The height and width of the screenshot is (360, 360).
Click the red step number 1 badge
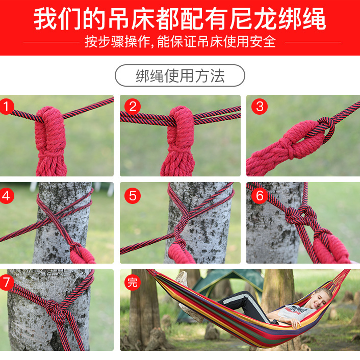7,106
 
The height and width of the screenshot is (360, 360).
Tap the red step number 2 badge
133,106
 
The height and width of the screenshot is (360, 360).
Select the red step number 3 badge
260,106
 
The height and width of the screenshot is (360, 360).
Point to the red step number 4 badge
7,196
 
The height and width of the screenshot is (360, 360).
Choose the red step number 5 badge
133,196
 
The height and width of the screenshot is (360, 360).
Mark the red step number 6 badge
260,196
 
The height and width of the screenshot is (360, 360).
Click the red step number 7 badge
7,282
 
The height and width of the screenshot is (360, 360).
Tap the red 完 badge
133,282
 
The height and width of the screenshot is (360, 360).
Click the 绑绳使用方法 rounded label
180,75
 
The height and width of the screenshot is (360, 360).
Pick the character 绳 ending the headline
314,19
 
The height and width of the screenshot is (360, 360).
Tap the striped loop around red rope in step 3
324,130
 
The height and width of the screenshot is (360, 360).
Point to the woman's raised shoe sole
182,279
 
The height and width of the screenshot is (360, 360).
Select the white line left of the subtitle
52,42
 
